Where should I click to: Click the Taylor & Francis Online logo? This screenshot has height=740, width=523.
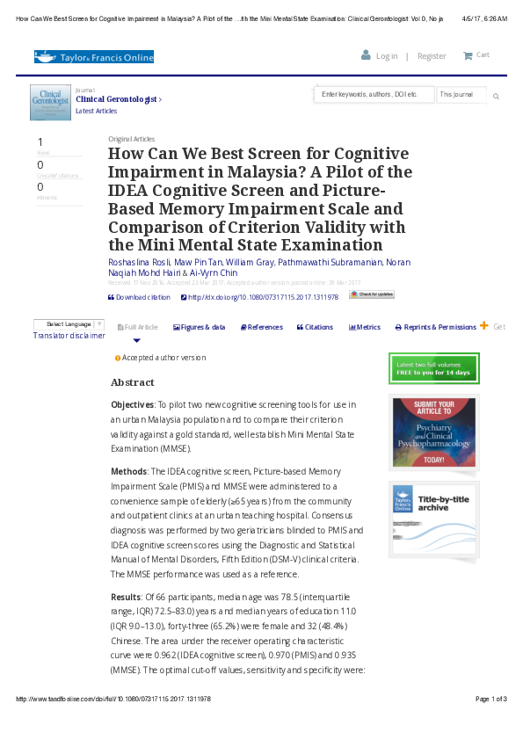coord(94,57)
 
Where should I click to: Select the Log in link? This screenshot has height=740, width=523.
coord(386,56)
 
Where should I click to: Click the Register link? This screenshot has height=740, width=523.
coord(431,56)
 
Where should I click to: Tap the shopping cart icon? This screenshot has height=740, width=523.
coord(468,55)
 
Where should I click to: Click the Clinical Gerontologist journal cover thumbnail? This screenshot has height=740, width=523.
coord(50,109)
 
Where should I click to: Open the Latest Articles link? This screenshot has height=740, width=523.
coord(96,112)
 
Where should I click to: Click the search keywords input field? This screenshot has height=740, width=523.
coord(373,94)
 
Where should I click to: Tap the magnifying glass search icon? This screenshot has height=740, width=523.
coord(496,95)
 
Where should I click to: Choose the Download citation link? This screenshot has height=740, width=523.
coord(140,297)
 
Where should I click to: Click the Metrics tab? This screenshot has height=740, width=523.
coord(365,327)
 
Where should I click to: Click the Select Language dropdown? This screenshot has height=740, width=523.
coord(69,324)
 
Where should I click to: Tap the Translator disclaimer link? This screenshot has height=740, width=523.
coord(69,336)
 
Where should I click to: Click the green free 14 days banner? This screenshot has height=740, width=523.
coord(433,368)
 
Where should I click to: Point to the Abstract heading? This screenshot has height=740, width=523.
coord(132,383)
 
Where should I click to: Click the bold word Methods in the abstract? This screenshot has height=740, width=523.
coord(127,471)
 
